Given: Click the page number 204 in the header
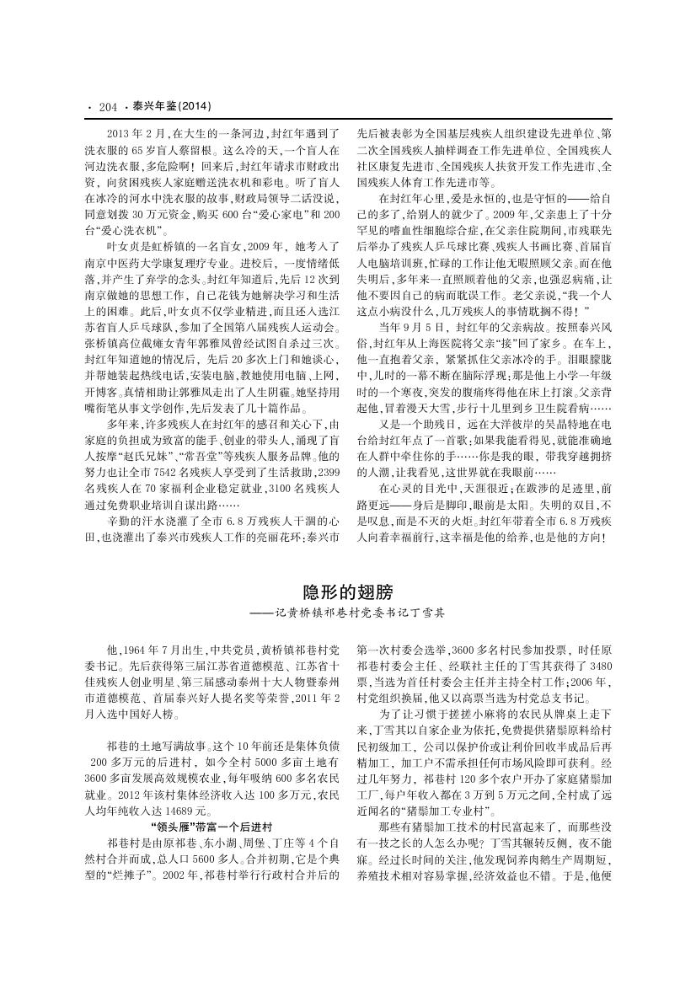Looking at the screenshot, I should (107, 106).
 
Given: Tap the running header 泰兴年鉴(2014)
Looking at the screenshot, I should (171, 106).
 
